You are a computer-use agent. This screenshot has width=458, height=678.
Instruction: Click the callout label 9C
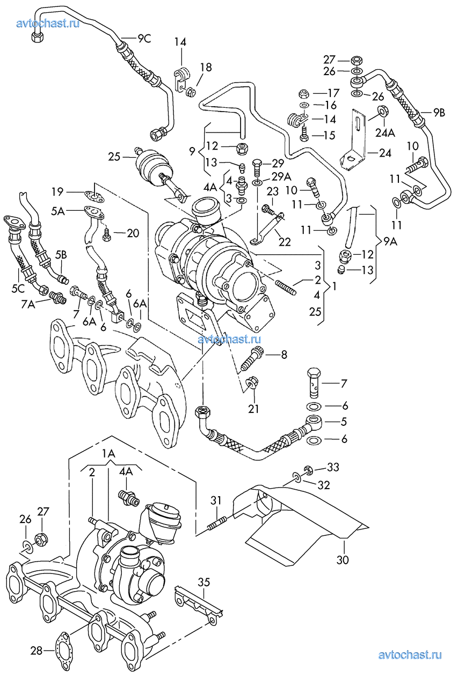click(144, 38)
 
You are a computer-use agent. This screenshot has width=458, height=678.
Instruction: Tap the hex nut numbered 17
click(302, 93)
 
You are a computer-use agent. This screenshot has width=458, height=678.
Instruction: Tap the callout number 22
click(284, 242)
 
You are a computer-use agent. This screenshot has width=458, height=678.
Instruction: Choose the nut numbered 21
click(251, 385)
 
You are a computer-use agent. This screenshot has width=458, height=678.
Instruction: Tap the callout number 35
click(203, 582)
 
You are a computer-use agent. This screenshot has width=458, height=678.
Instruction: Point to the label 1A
click(108, 454)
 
